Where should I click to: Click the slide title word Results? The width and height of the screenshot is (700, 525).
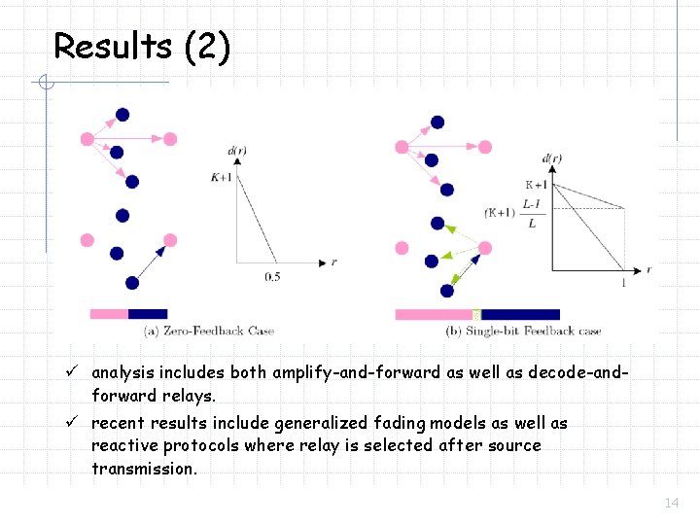[x=114, y=46]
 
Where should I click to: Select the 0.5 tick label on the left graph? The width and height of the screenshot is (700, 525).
[x=273, y=277]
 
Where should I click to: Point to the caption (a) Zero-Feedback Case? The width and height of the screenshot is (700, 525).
[x=208, y=331]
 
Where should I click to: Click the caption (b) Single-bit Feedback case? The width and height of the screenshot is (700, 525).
[x=523, y=331]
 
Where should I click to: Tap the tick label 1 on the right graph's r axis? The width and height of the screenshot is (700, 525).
[x=622, y=283]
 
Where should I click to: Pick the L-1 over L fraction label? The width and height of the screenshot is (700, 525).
[x=530, y=213]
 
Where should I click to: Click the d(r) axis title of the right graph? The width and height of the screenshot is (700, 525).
[x=551, y=158]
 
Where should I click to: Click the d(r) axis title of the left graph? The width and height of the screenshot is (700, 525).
[x=236, y=151]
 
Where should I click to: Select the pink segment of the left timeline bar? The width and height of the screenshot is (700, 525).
[x=109, y=314]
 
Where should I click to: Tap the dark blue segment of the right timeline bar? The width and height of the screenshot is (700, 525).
[x=520, y=314]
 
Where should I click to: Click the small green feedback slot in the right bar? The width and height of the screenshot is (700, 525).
[x=476, y=314]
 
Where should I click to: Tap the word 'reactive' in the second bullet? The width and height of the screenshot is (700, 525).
[x=123, y=446]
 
